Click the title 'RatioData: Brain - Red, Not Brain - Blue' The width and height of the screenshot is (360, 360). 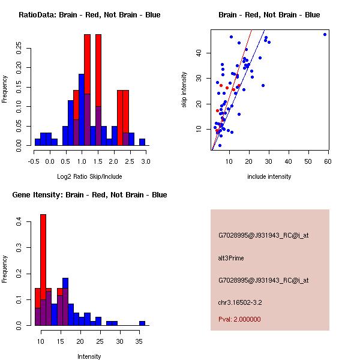89,15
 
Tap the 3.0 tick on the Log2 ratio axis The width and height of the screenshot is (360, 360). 145,161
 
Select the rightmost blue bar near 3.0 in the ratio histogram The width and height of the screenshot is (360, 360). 142,142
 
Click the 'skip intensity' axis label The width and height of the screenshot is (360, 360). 185,90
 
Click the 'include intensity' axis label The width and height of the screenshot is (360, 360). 269,176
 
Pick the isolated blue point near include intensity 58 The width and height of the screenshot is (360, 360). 325,34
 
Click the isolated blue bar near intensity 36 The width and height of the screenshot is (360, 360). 142,323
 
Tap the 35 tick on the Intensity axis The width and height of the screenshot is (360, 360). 139,341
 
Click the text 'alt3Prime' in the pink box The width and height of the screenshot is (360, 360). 231,259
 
